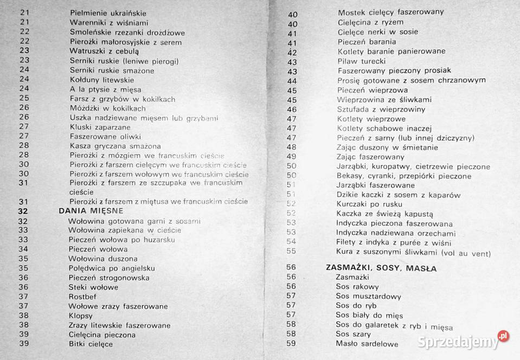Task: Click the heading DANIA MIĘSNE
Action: pyautogui.click(x=91, y=210)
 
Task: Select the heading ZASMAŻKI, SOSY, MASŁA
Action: pyautogui.click(x=381, y=267)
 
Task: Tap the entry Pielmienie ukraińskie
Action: pyautogui.click(x=108, y=13)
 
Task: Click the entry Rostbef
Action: pyautogui.click(x=82, y=297)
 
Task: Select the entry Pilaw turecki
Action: pyautogui.click(x=362, y=61)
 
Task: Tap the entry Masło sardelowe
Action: pyautogui.click(x=367, y=344)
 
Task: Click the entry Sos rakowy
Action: pyautogui.click(x=357, y=286)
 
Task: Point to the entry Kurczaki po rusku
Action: pyautogui.click(x=369, y=204)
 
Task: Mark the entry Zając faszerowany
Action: pyautogui.click(x=371, y=157)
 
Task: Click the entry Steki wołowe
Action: pyautogui.click(x=93, y=287)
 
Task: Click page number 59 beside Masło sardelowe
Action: pyautogui.click(x=291, y=343)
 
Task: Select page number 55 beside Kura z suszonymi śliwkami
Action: pyautogui.click(x=291, y=252)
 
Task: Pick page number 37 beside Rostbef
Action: pyautogui.click(x=23, y=297)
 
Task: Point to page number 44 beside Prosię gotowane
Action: pyautogui.click(x=292, y=80)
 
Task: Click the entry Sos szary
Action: pyautogui.click(x=354, y=334)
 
